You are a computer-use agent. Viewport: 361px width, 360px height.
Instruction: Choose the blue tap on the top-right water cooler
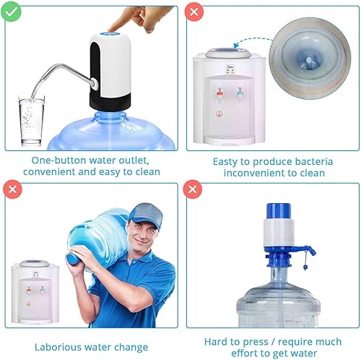tap(240, 93)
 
